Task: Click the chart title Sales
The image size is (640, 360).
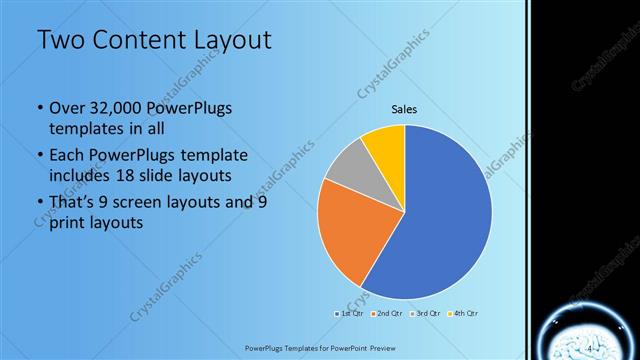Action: point(404,110)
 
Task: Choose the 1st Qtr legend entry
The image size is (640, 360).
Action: point(350,314)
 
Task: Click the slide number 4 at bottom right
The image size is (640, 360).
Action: point(590,346)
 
